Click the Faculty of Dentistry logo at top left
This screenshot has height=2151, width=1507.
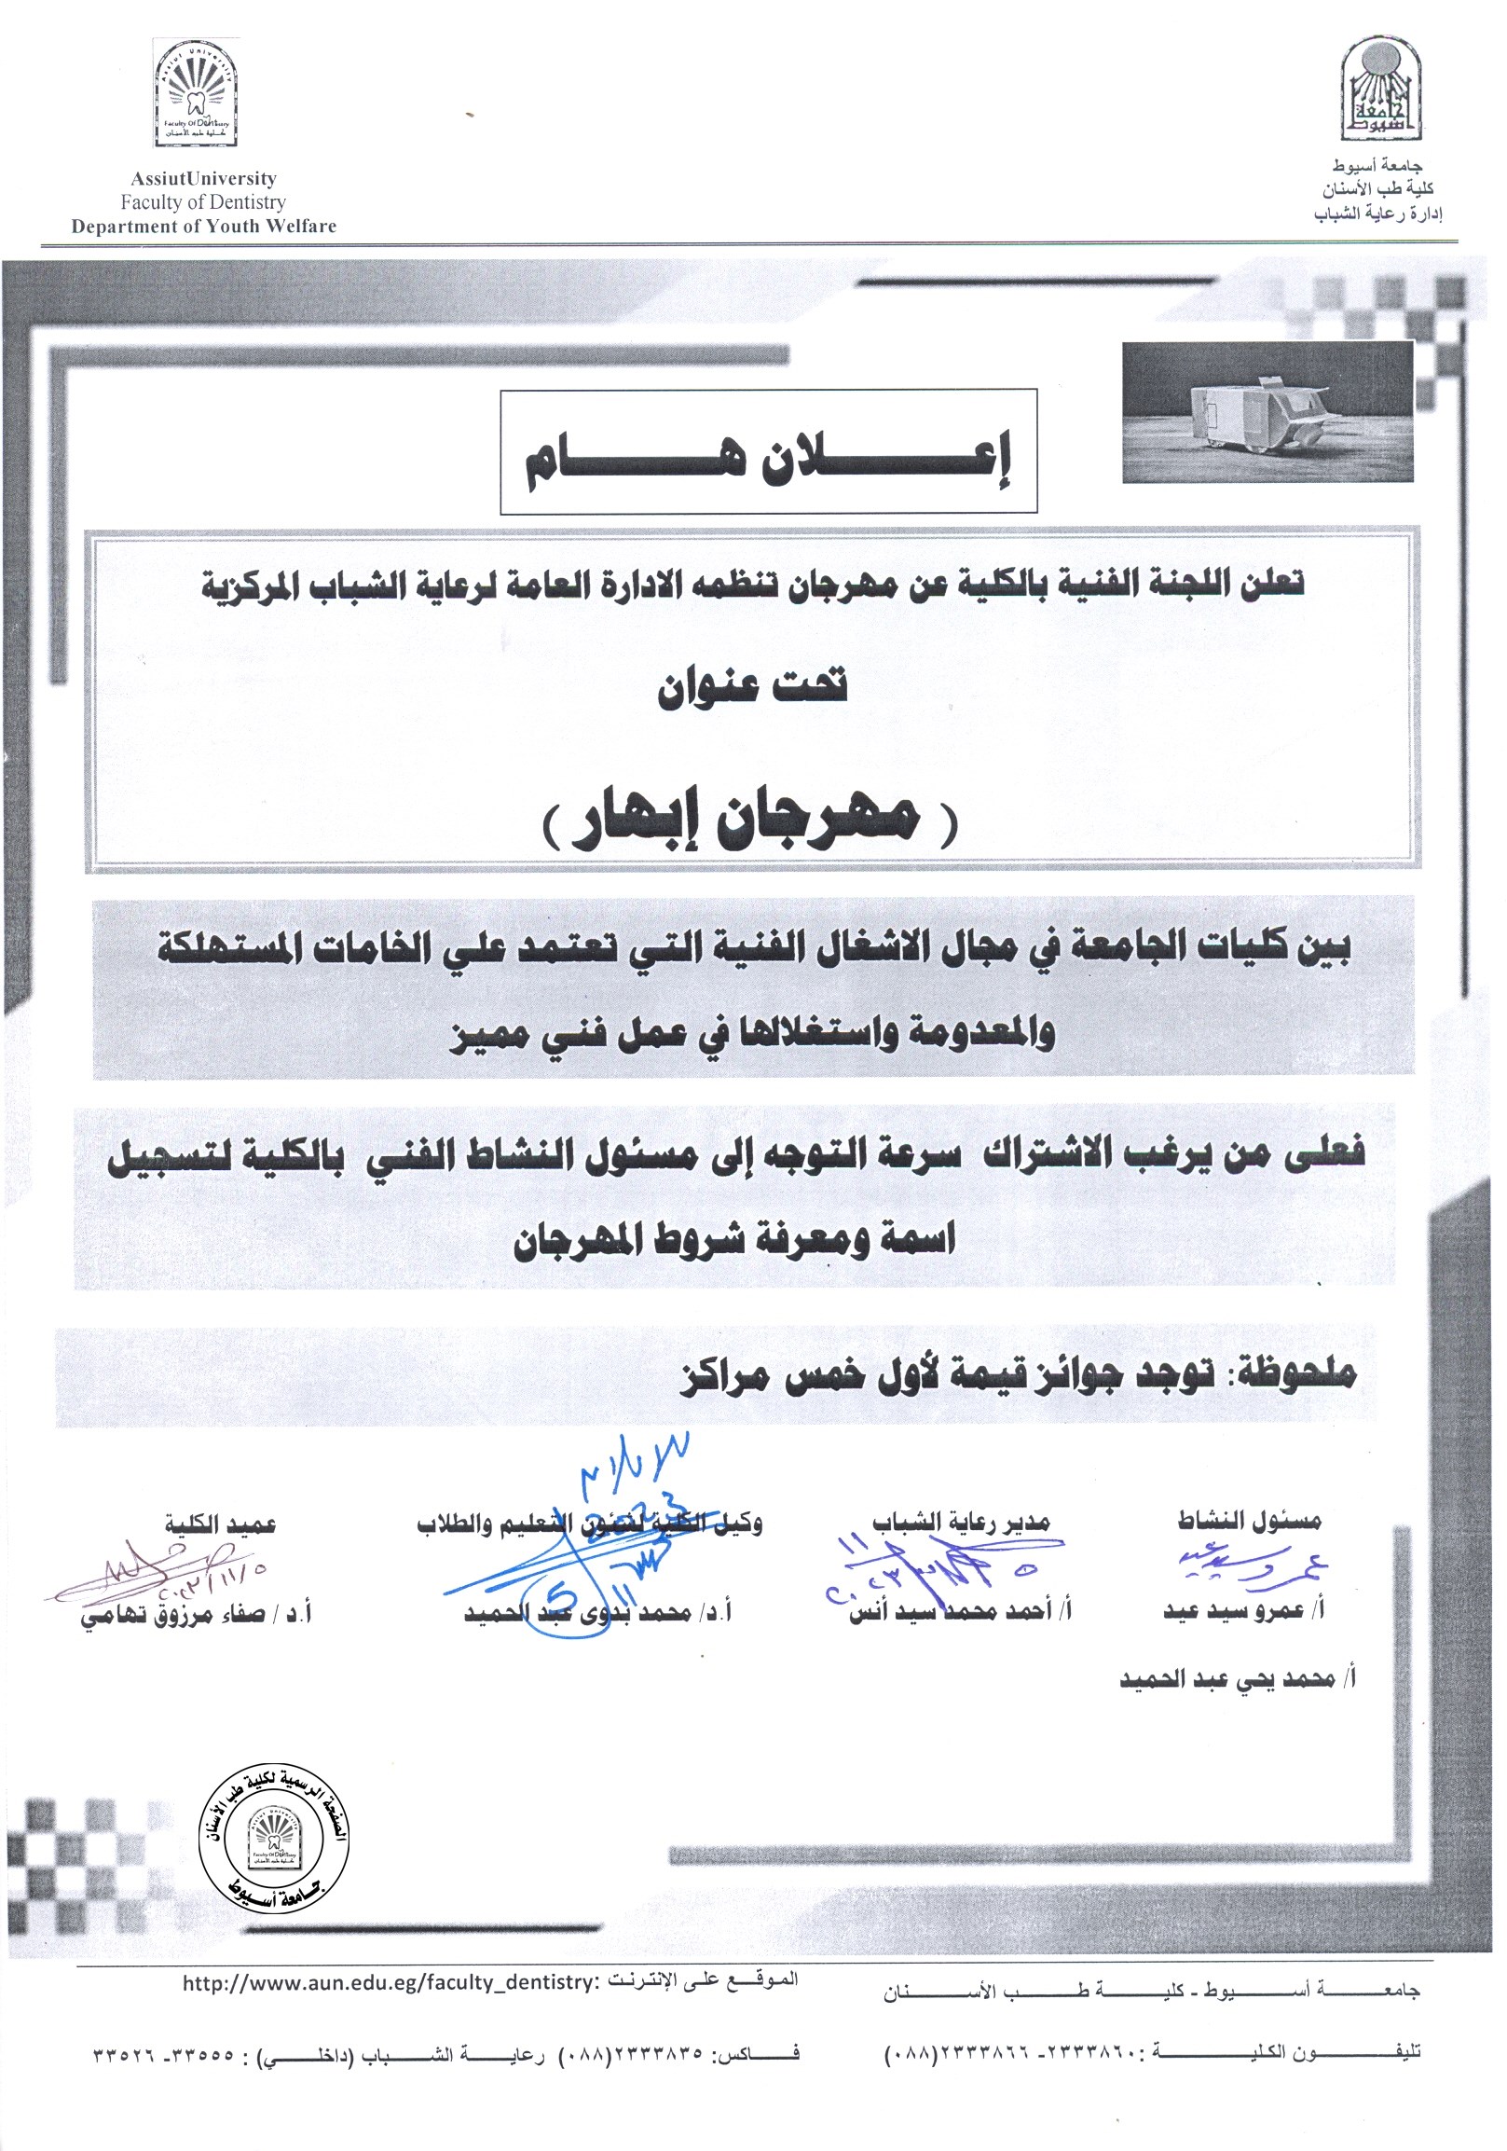coord(196,93)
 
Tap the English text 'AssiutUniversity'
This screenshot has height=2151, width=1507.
coord(203,178)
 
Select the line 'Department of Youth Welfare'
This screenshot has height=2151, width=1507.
coord(203,226)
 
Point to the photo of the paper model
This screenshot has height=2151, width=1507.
coord(1267,411)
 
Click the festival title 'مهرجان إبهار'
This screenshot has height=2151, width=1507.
coord(750,820)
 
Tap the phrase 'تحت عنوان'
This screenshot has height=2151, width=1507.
coord(751,686)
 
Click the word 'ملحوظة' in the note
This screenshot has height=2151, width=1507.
coord(1298,1373)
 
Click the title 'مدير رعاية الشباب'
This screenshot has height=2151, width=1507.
coord(961,1523)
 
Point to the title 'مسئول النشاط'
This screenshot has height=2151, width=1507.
coord(1250,1520)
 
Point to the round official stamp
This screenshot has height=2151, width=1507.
coord(272,1841)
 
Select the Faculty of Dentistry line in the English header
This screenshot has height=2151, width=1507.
coord(203,201)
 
